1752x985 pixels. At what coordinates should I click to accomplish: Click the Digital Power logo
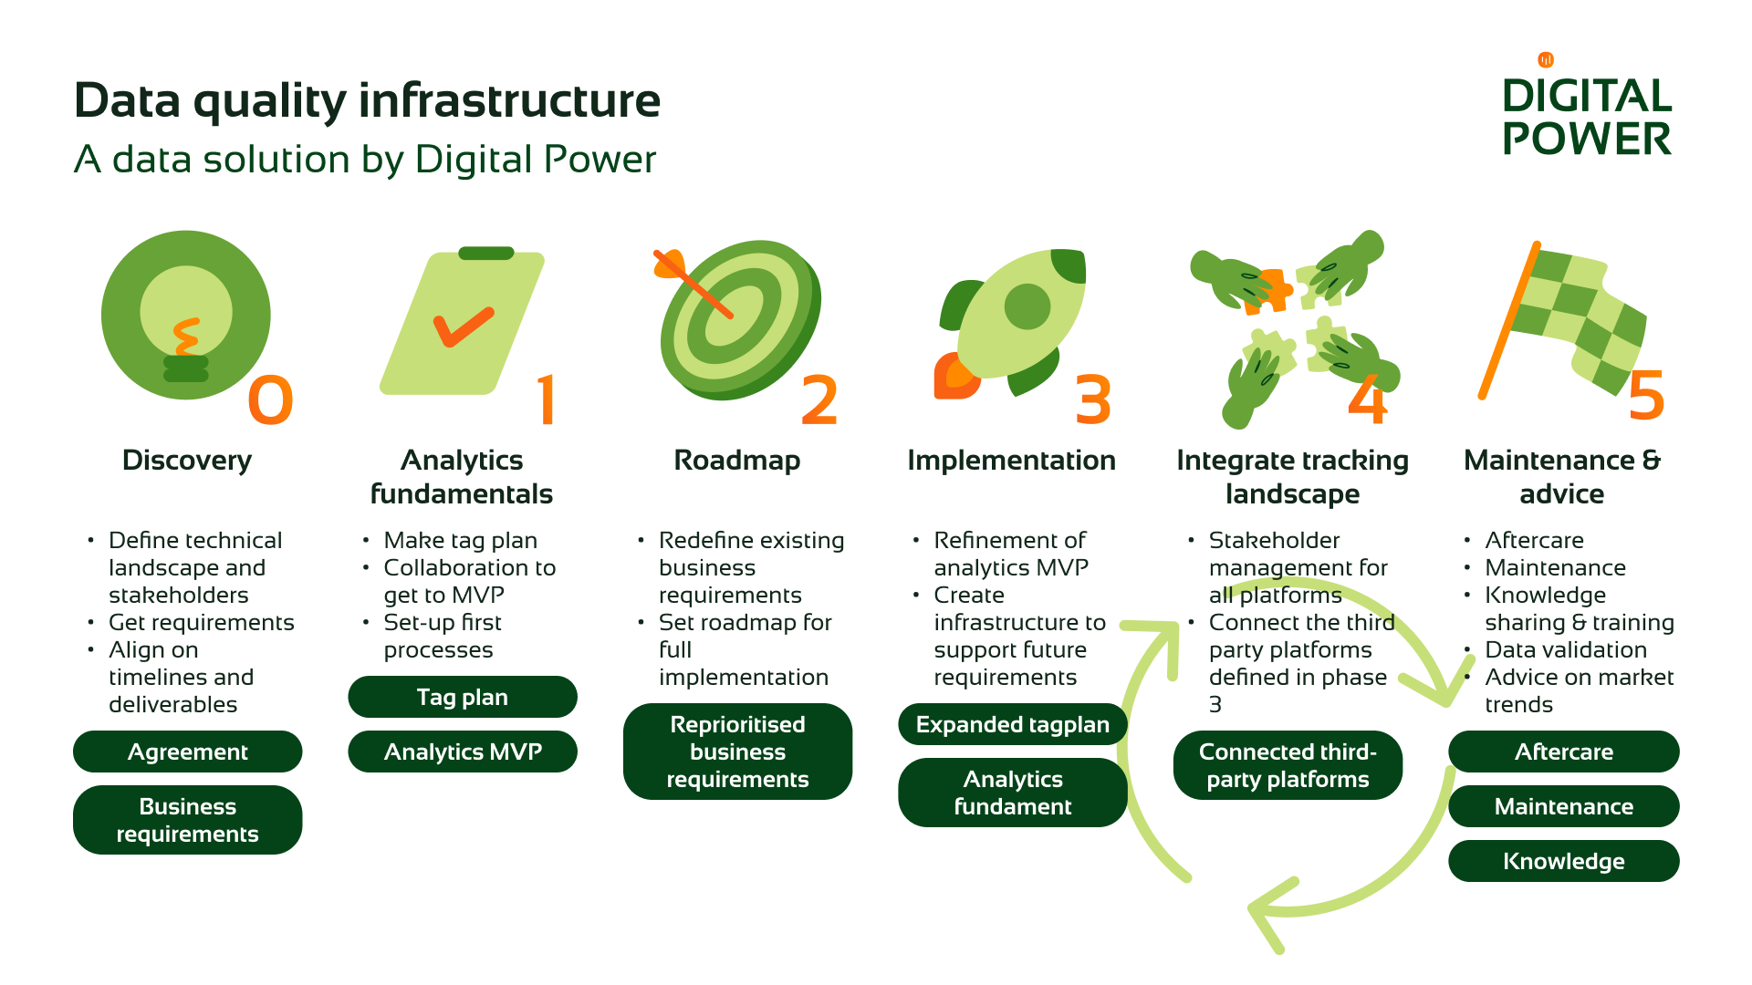coord(1586,109)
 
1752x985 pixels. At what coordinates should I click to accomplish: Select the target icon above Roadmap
coord(739,319)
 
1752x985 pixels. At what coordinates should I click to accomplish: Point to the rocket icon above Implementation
coord(1013,319)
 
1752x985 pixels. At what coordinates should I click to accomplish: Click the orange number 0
coord(270,400)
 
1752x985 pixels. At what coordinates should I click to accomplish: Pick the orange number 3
coord(1093,400)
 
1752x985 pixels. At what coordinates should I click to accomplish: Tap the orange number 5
coord(1646,396)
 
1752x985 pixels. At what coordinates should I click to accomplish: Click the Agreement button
coord(187,752)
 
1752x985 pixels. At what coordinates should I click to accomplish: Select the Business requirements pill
coord(187,820)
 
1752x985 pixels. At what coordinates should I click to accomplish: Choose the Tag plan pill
coord(463,697)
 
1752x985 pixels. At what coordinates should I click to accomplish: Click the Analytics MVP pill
coord(463,752)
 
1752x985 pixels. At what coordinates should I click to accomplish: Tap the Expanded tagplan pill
coord(1012,724)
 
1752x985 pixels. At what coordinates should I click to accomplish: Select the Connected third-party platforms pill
coord(1288,765)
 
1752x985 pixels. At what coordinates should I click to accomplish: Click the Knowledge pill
coord(1563,861)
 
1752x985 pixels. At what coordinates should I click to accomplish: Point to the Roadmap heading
coord(736,461)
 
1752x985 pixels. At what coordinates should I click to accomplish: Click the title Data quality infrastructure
coord(367,100)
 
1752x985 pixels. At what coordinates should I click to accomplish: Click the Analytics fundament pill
coord(1012,793)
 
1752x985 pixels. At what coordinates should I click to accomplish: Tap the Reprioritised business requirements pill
coord(737,752)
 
